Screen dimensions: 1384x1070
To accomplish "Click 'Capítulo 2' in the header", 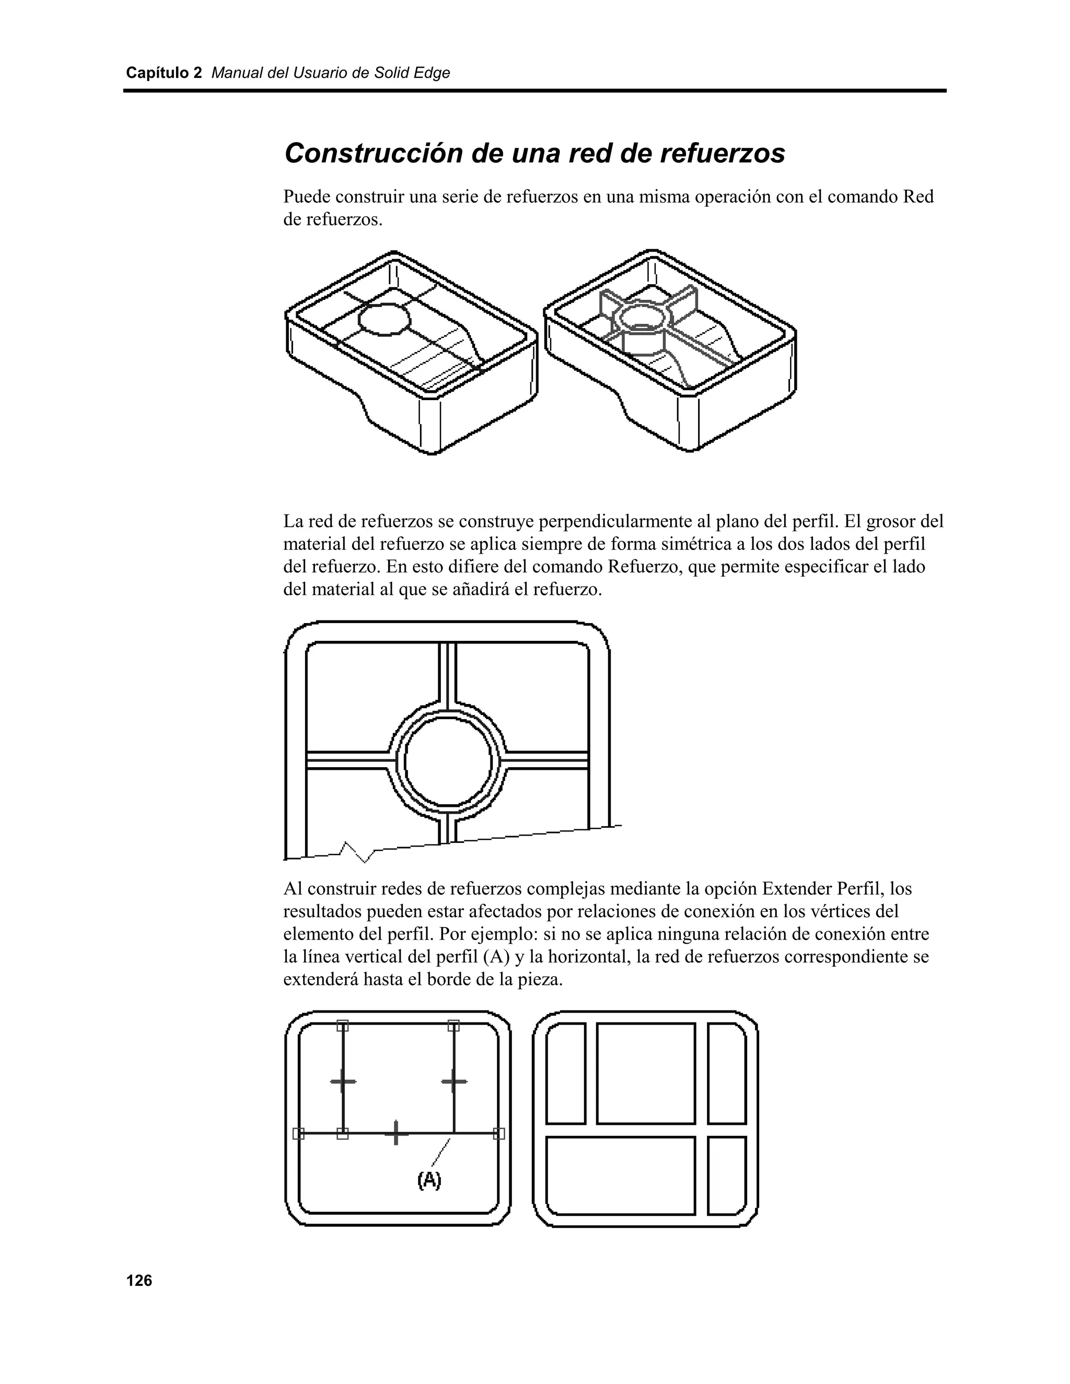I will (x=164, y=73).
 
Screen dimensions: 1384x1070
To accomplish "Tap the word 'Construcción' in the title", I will (x=374, y=154).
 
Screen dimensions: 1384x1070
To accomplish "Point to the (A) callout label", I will (x=429, y=1179).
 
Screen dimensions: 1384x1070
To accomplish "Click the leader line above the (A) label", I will (x=441, y=1152).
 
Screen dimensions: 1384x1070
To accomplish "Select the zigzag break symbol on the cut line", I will (x=357, y=851).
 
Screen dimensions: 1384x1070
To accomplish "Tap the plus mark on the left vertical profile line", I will (x=343, y=1081).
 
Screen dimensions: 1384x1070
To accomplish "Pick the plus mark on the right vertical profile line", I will (x=455, y=1081).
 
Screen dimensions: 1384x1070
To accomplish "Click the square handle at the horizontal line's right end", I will (x=499, y=1133).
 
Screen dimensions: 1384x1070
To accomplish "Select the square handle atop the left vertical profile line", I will (x=342, y=1025).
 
